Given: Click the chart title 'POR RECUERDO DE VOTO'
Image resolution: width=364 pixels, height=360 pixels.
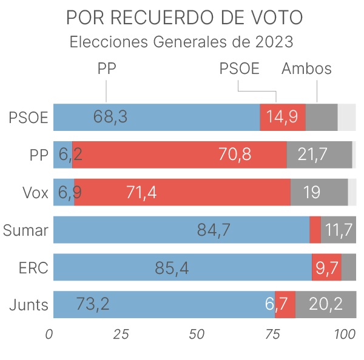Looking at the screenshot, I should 184,18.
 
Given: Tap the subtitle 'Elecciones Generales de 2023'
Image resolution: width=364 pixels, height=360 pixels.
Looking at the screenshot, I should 182,43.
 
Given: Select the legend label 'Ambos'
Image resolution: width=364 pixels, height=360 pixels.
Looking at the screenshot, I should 306,68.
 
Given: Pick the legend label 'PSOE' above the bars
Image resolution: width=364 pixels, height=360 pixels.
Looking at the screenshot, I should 239,68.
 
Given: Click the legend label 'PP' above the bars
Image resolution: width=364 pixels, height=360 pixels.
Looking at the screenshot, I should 107,68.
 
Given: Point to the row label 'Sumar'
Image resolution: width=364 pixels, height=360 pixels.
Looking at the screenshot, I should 25,230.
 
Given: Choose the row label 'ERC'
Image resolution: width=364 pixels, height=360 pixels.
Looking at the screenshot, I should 33,267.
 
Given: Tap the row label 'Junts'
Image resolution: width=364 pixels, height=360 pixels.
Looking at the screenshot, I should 29,304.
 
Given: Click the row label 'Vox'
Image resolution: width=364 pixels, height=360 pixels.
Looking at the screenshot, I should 35,193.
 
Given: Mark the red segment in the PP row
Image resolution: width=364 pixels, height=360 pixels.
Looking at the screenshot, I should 179,155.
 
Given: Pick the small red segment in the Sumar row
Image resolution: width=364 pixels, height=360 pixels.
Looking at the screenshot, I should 315,230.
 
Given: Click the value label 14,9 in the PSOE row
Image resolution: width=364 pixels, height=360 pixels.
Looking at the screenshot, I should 282,117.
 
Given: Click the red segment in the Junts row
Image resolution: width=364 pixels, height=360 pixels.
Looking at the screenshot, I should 285,304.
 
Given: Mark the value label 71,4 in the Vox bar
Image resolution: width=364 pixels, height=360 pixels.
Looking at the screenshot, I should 141,192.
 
